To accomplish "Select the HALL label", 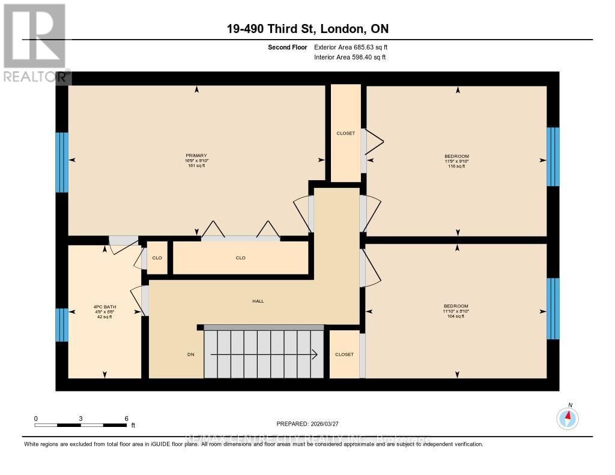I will pos(258,301).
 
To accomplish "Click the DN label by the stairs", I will pos(190,354).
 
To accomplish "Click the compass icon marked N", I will pos(568,417).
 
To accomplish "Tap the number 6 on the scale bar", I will pos(126,418).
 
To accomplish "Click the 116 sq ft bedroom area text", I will pos(457,166).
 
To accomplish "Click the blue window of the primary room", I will pos(62,162).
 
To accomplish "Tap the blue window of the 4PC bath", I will pos(62,324).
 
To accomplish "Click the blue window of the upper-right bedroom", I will pos(553,157).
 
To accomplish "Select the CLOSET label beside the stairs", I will pos(345,354).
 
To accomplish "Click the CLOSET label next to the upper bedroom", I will pos(346,133).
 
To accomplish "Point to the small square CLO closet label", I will pos(157,258).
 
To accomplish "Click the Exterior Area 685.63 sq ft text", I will pos(355,47).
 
